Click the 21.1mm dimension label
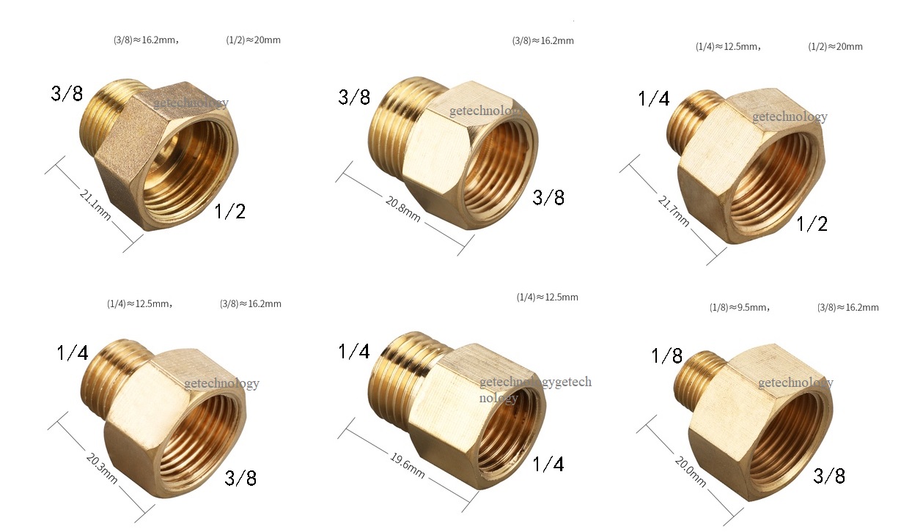point(95,205)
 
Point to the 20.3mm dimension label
point(101,467)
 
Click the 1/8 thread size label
point(667,356)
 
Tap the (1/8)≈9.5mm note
point(739,308)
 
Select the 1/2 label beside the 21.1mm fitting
point(229,212)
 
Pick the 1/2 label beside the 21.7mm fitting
point(812,224)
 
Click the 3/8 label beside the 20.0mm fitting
point(829,476)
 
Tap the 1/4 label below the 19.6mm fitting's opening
point(548,464)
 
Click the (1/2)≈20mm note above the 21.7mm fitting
point(835,47)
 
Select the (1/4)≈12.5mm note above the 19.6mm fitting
point(547,298)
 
